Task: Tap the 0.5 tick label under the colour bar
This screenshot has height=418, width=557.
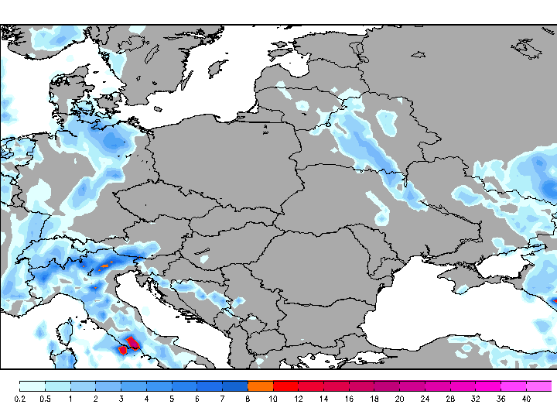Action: pyautogui.click(x=44, y=399)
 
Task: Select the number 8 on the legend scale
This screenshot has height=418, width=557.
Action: pyautogui.click(x=248, y=399)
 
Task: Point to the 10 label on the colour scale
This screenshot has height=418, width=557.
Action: pyautogui.click(x=273, y=399)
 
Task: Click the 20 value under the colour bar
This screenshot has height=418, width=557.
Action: pyautogui.click(x=400, y=399)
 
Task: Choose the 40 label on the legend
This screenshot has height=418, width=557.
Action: pyautogui.click(x=526, y=399)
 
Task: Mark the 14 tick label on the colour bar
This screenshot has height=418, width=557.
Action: pyautogui.click(x=324, y=399)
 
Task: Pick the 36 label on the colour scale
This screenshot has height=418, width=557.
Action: pyautogui.click(x=501, y=399)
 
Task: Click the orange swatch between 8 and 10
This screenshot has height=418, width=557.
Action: pyautogui.click(x=261, y=385)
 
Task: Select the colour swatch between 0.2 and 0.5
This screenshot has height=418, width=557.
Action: pyautogui.click(x=32, y=385)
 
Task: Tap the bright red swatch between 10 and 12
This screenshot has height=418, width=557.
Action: pyautogui.click(x=286, y=385)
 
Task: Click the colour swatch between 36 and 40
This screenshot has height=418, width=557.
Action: pyautogui.click(x=514, y=385)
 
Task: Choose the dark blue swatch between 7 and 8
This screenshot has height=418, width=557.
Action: pyautogui.click(x=235, y=385)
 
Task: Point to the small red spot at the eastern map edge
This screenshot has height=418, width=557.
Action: pyautogui.click(x=554, y=300)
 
